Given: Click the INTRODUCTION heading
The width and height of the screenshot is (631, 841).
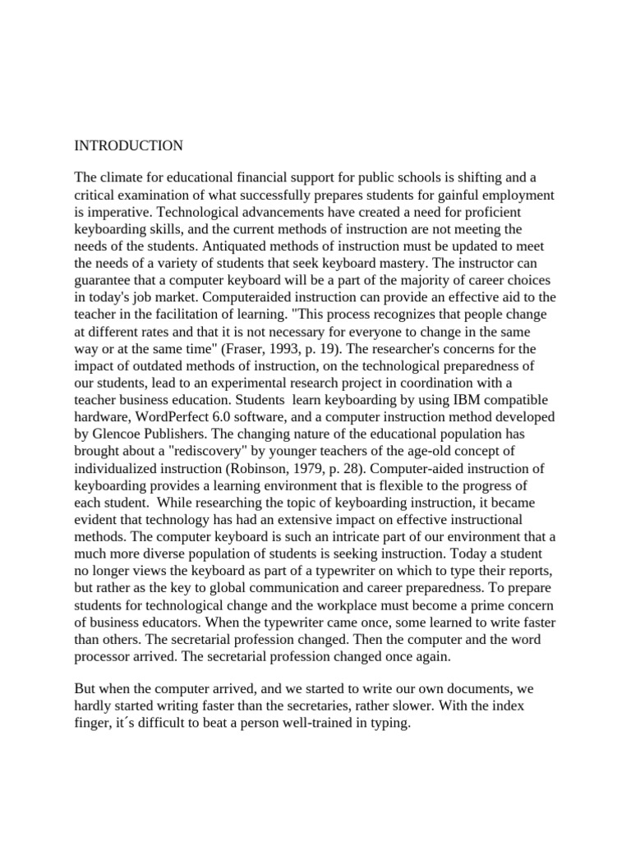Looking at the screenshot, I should pos(129,146).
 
